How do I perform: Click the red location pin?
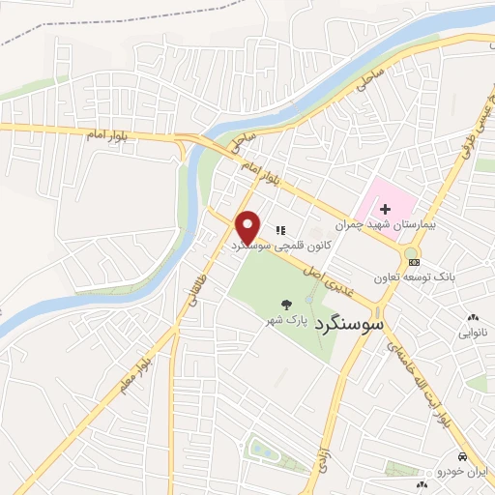click(x=249, y=227)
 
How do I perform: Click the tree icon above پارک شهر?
click(x=288, y=302)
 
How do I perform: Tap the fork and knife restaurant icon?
click(x=280, y=230)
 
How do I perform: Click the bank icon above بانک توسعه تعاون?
click(x=414, y=261)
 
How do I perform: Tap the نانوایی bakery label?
click(x=473, y=332)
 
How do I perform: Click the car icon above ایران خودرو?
click(x=462, y=455)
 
